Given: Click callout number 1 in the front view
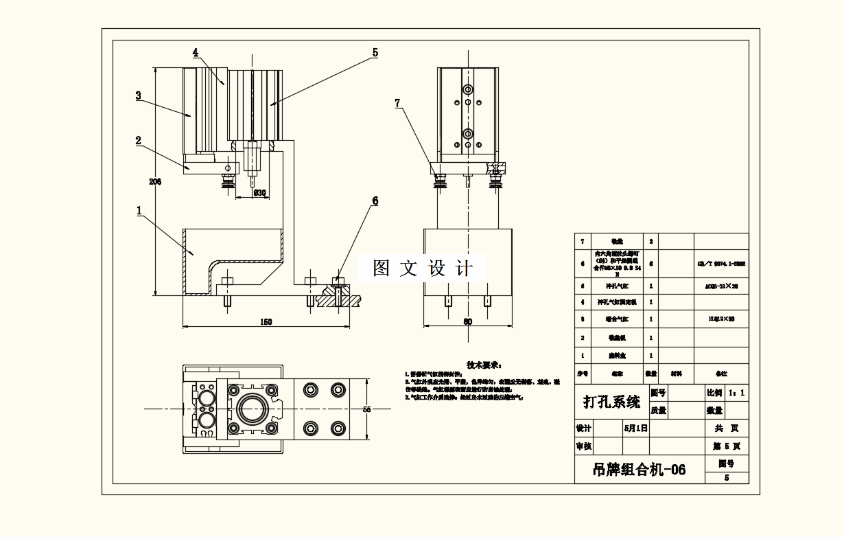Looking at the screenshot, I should [x=140, y=210].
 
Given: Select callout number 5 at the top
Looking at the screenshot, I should [x=375, y=52].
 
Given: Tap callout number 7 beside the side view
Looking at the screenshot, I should [x=397, y=103].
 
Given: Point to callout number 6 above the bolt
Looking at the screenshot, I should [x=375, y=201].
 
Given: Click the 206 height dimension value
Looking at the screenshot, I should [x=154, y=182].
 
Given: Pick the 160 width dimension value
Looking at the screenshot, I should [x=267, y=321].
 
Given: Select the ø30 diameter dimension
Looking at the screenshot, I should [x=260, y=193].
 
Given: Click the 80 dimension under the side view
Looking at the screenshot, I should [x=468, y=321].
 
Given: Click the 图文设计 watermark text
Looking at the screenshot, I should [x=423, y=268].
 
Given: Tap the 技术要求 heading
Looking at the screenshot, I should [x=484, y=365].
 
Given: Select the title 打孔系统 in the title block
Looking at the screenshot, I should [x=611, y=402].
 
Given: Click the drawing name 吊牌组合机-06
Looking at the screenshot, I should [x=639, y=470].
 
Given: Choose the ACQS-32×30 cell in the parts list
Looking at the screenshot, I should [x=720, y=284].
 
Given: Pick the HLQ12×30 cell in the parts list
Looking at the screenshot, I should [x=720, y=319].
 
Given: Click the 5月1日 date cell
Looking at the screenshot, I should [x=635, y=428].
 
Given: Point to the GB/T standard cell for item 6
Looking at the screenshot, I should [x=720, y=263].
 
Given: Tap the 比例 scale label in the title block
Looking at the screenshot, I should [x=714, y=393].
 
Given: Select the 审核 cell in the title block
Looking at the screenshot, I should [x=583, y=446].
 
